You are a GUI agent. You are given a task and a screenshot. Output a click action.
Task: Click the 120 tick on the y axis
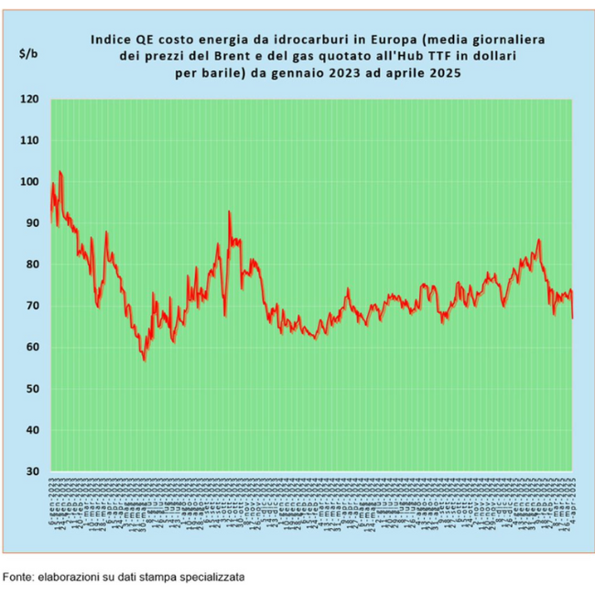pos(30,99)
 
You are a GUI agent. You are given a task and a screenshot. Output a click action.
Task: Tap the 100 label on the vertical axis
pos(30,182)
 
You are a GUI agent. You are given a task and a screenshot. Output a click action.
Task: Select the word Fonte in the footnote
pos(18,578)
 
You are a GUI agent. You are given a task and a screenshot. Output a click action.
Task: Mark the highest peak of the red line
pos(59,171)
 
